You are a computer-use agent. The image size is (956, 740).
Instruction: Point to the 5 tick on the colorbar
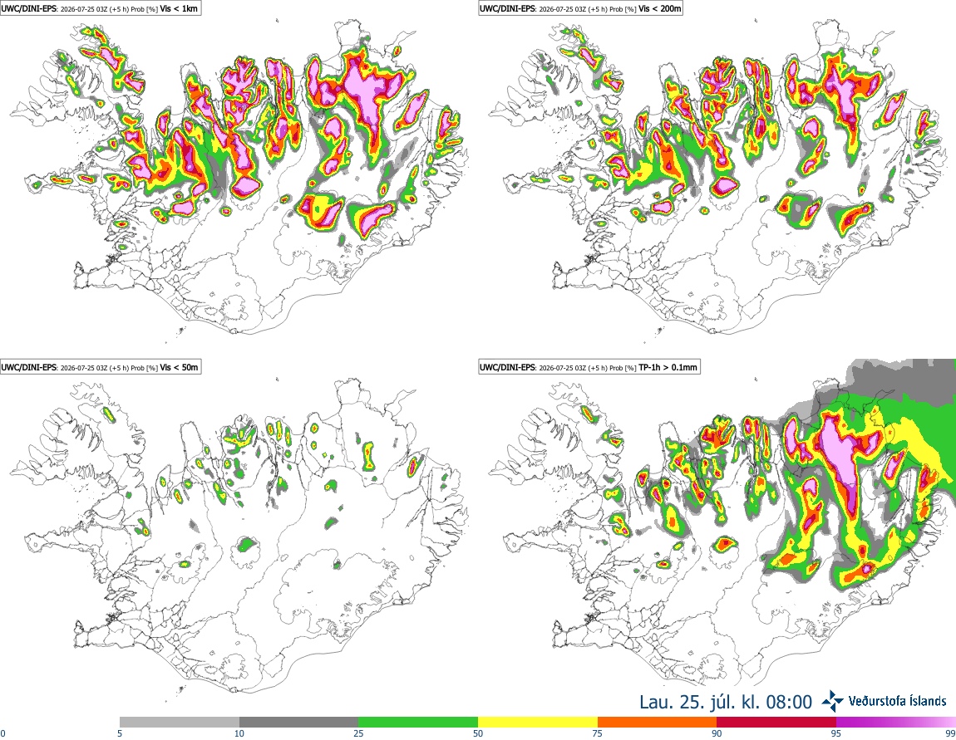tap(120, 733)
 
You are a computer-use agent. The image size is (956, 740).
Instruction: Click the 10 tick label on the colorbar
tap(239, 733)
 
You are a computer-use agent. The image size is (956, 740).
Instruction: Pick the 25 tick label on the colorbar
tap(358, 733)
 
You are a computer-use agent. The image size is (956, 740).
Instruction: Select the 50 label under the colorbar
tap(478, 733)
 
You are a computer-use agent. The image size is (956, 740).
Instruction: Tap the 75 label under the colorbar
tap(598, 733)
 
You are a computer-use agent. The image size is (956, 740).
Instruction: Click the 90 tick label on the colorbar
tap(717, 733)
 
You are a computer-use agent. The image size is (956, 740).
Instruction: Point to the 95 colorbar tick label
tap(836, 733)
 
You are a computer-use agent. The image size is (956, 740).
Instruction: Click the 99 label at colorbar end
tap(950, 733)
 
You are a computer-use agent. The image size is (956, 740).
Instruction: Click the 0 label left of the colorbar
tap(3, 733)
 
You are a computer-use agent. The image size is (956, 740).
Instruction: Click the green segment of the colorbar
tap(418, 723)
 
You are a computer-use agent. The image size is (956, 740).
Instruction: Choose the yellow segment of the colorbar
tap(538, 723)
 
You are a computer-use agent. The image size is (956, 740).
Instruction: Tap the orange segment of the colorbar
tap(658, 723)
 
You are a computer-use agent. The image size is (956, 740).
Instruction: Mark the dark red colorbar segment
tap(776, 723)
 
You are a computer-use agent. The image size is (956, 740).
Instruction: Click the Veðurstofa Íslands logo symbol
tap(833, 702)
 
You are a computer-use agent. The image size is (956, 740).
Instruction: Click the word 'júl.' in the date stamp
tap(722, 703)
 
